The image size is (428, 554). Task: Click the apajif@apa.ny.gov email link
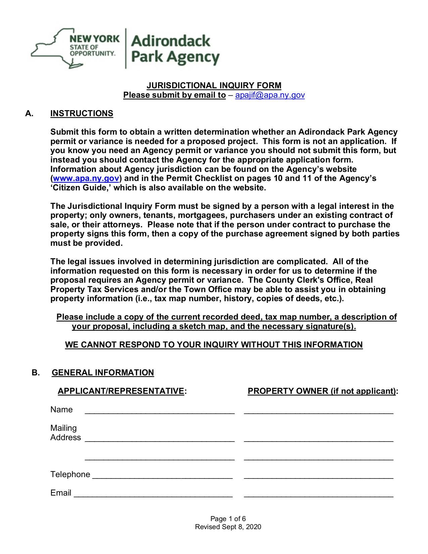coord(270,95)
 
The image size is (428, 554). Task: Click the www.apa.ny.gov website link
coord(86,178)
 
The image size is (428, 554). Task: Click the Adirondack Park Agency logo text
coord(175,49)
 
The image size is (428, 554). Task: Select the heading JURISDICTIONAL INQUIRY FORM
coord(214,86)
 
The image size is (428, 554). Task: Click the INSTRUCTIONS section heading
coord(82,113)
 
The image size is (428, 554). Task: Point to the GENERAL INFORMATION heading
coord(103,373)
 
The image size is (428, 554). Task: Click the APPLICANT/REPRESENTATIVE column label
coord(121,391)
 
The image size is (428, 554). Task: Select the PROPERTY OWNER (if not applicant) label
coord(322,391)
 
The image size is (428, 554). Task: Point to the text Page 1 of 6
coord(228,519)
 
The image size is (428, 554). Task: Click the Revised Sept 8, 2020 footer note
coord(228,527)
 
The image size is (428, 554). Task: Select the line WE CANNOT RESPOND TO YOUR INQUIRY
coord(214,345)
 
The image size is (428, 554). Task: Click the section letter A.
coord(29,113)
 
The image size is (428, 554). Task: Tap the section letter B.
coord(36,373)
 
